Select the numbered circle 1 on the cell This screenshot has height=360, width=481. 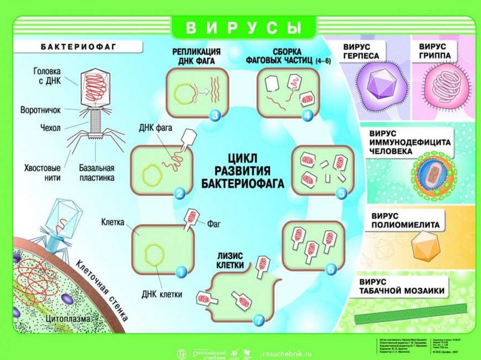point(181,271)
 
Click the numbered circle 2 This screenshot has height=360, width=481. point(179,192)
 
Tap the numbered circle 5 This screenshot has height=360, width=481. point(341,192)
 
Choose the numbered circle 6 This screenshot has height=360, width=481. point(331,269)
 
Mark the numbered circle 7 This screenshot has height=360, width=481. point(259,320)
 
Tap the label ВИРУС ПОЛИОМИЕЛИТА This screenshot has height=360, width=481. point(405,221)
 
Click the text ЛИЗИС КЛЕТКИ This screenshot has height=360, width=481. point(230,260)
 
